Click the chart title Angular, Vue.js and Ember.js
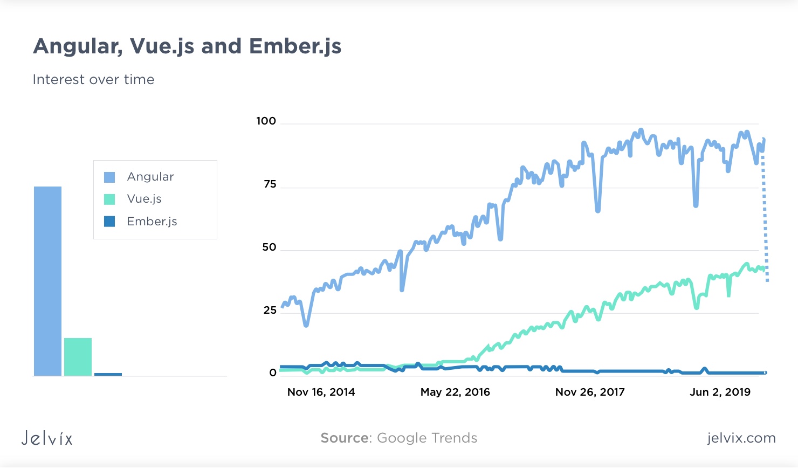click(x=187, y=46)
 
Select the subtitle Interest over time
click(x=93, y=80)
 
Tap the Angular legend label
click(x=150, y=177)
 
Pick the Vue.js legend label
click(x=144, y=199)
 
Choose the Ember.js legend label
click(x=152, y=222)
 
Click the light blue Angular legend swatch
click(x=109, y=177)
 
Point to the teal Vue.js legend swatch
click(x=109, y=199)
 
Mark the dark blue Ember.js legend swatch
click(x=109, y=222)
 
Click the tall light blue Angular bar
click(x=47, y=280)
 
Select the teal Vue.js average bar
click(x=78, y=357)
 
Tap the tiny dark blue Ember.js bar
click(x=108, y=374)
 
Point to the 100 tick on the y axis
click(x=266, y=121)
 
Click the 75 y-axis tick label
click(x=270, y=184)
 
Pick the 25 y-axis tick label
click(x=270, y=310)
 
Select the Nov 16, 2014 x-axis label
click(x=321, y=392)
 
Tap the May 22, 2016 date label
click(x=455, y=392)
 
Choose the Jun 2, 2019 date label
click(x=720, y=392)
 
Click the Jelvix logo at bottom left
click(x=47, y=438)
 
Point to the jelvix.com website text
click(x=741, y=438)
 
